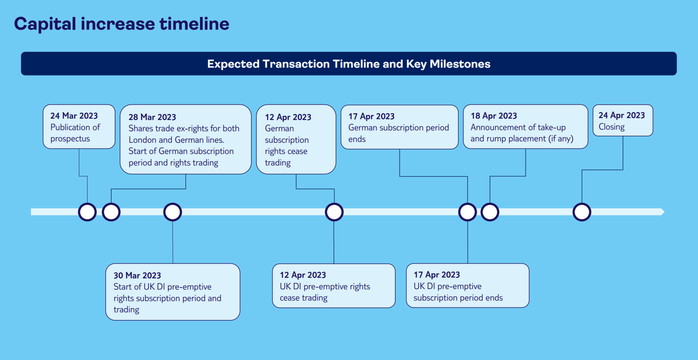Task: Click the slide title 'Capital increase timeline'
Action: (x=122, y=24)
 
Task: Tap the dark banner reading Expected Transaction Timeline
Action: (x=349, y=64)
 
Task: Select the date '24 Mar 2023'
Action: (x=74, y=116)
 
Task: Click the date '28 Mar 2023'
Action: (x=152, y=117)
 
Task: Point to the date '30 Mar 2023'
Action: (x=137, y=275)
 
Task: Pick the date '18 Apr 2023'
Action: (x=494, y=116)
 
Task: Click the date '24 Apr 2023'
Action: (x=622, y=115)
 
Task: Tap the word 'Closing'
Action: (x=612, y=127)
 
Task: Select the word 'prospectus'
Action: (x=70, y=139)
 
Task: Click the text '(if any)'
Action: (x=561, y=139)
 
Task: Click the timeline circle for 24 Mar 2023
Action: (x=87, y=212)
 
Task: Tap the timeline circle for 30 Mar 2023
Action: (x=173, y=212)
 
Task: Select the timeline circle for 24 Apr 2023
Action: (x=582, y=212)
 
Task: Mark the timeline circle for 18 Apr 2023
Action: (x=490, y=212)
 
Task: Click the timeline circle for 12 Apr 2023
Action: (x=334, y=212)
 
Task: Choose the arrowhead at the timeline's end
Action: (x=663, y=212)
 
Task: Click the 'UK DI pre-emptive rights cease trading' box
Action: (x=334, y=286)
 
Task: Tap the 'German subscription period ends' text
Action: (x=399, y=133)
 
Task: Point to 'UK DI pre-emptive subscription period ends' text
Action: (x=458, y=292)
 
